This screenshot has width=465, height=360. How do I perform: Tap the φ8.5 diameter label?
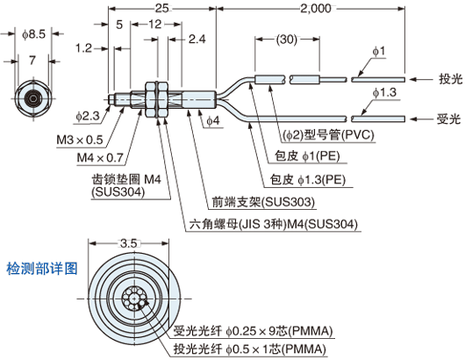[x=31, y=37]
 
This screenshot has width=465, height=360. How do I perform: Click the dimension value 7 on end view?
[x=31, y=60]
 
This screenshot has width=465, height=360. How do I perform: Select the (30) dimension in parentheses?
[x=285, y=40]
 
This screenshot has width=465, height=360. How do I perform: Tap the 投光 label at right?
[x=449, y=78]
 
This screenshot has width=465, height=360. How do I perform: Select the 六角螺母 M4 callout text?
[x=274, y=224]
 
